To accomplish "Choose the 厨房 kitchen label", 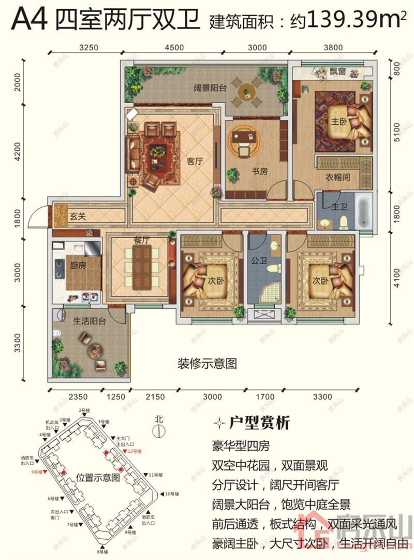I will (x=77, y=264).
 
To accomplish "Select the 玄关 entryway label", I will (x=78, y=216).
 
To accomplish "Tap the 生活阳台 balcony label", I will (x=89, y=321).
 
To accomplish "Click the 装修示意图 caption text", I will (x=207, y=364).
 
